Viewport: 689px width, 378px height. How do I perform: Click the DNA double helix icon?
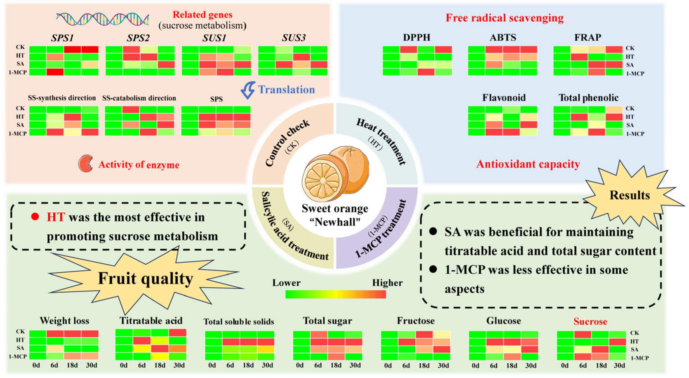tap(102, 19)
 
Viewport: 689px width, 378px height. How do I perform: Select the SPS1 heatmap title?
tap(62, 38)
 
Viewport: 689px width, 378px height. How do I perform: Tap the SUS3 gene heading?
tap(293, 38)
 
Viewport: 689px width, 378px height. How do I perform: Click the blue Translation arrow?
tap(248, 90)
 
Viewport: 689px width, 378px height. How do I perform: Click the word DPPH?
tap(417, 38)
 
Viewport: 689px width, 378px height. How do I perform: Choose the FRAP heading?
tap(588, 38)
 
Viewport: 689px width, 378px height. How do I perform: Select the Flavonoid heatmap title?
tap(504, 98)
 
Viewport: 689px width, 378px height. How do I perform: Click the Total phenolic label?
tap(588, 98)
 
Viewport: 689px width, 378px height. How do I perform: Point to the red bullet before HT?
tap(35, 217)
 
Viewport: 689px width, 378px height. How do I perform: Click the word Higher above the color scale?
tap(387, 283)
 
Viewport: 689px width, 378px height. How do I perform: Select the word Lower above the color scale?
tap(286, 283)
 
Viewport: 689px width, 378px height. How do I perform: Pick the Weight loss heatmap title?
tap(65, 321)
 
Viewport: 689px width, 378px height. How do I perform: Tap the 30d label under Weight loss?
tap(91, 365)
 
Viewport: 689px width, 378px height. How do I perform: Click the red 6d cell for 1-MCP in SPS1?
tap(55, 72)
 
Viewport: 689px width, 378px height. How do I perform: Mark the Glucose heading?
tap(503, 321)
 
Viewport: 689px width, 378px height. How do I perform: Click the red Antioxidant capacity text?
tap(528, 164)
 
